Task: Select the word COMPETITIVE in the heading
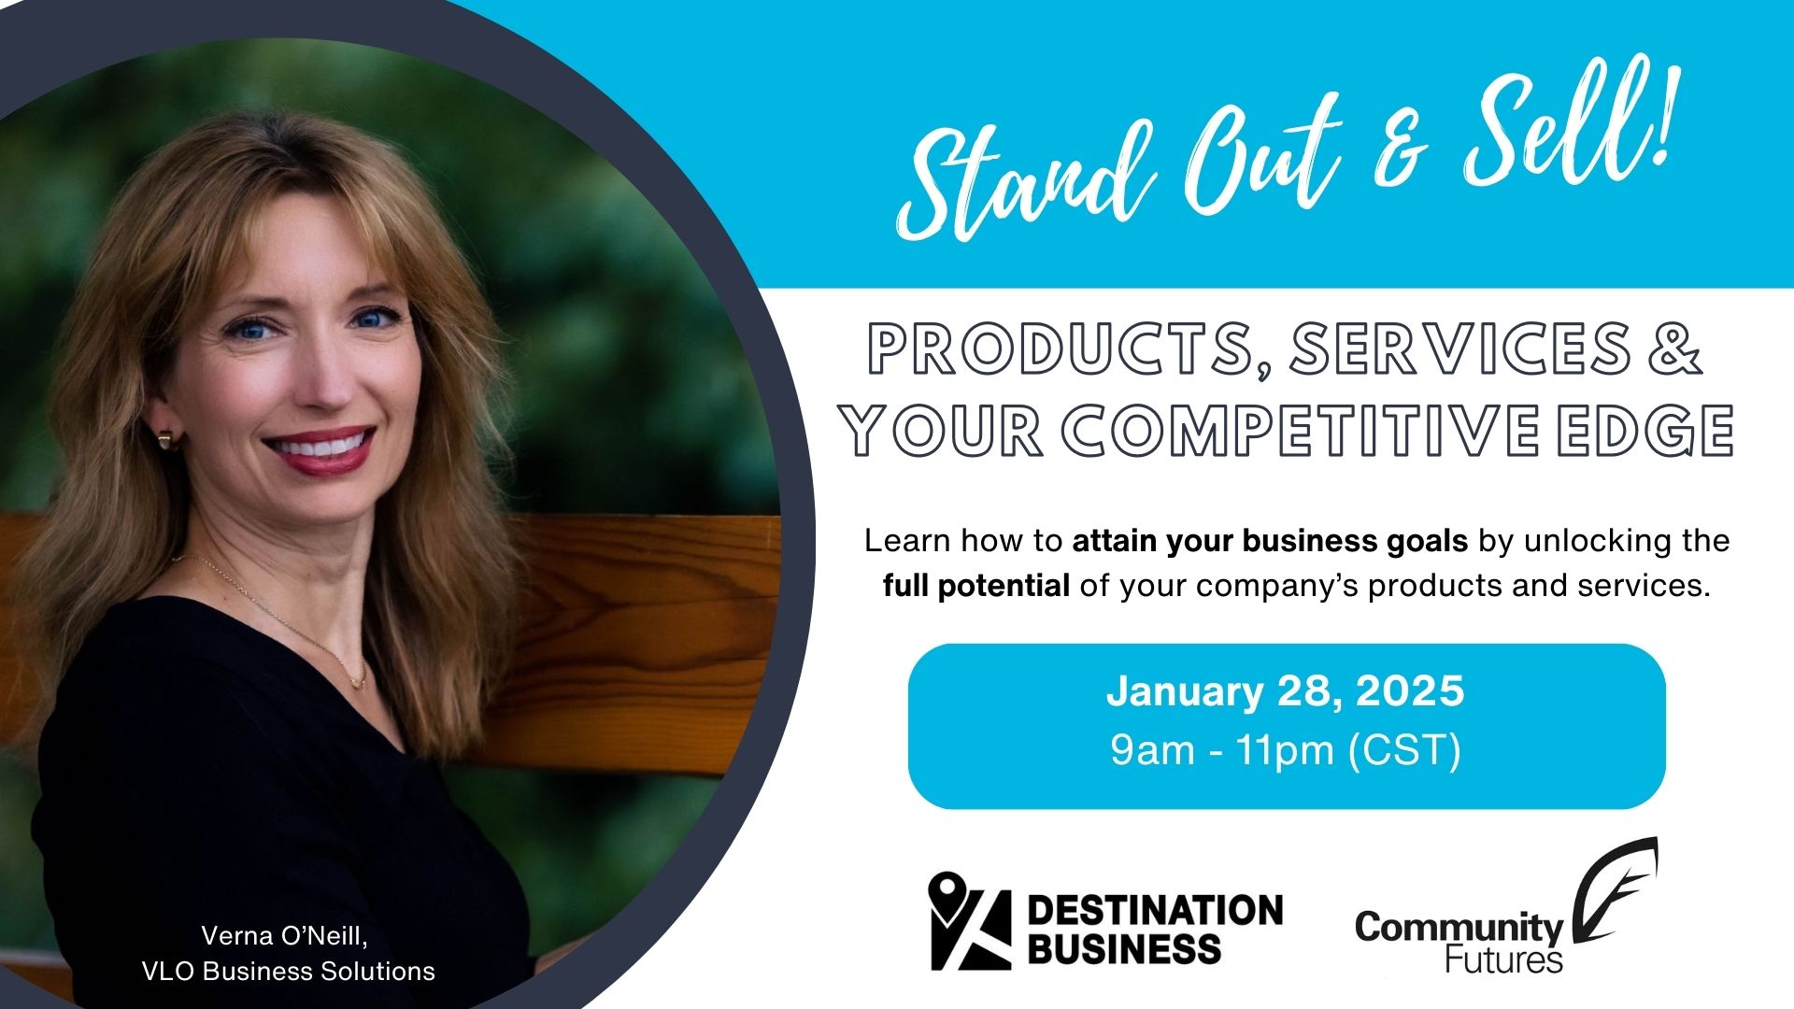coord(1303,431)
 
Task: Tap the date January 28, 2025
coord(1286,691)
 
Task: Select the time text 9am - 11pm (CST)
coord(1286,749)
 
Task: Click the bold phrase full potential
coord(976,586)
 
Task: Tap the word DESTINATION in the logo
coord(1155,910)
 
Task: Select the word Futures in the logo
coord(1503,959)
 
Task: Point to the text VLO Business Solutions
coord(289,972)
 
